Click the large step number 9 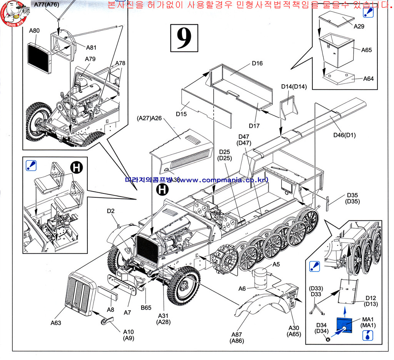pyautogui.click(x=184, y=38)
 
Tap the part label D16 pyautogui.click(x=257, y=63)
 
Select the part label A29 pyautogui.click(x=359, y=27)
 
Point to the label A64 pyautogui.click(x=368, y=78)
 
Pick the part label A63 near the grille pyautogui.click(x=56, y=323)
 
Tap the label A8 pyautogui.click(x=110, y=309)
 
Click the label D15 pyautogui.click(x=181, y=114)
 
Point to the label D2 pyautogui.click(x=111, y=211)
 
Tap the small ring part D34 pyautogui.click(x=327, y=339)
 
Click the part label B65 pyautogui.click(x=146, y=308)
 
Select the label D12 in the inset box pyautogui.click(x=371, y=298)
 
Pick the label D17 pyautogui.click(x=254, y=125)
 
